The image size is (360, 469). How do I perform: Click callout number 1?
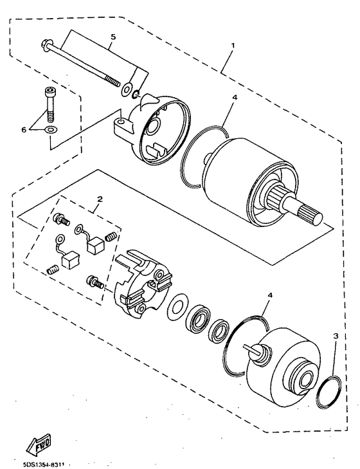tap(233, 46)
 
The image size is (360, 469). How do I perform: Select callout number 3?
tap(335, 336)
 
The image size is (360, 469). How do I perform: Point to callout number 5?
tap(113, 37)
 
